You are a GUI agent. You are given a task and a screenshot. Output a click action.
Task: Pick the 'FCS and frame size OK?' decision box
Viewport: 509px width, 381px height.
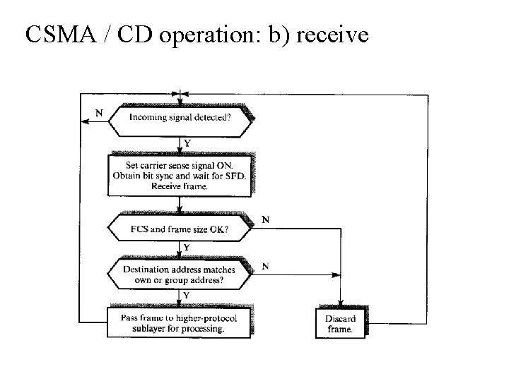180,229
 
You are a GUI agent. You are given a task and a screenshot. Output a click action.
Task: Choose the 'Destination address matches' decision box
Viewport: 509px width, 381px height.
180,274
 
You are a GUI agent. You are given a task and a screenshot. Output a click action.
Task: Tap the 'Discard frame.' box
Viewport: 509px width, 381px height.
341,323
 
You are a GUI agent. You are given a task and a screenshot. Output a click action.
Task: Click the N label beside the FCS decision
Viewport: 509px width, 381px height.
265,219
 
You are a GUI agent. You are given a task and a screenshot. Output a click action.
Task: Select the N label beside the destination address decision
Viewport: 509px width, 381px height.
265,266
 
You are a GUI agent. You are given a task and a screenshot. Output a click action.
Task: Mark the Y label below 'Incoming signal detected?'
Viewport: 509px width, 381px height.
187,143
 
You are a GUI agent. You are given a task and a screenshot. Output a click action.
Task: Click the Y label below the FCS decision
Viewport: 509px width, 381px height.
187,248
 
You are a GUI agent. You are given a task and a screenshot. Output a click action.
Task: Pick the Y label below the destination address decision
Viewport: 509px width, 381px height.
187,294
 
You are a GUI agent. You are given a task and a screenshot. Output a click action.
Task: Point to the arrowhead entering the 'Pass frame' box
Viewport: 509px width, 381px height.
180,303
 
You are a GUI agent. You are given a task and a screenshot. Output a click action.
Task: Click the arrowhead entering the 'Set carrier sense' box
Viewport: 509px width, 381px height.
180,150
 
